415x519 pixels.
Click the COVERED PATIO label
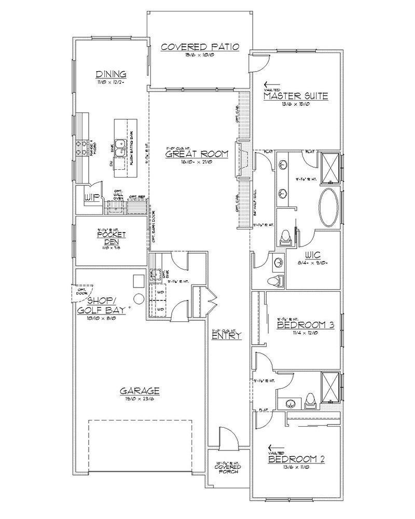200,47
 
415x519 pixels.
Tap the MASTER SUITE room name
295,95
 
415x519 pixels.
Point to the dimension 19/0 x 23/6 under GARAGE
140,399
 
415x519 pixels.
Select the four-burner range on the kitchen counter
81,147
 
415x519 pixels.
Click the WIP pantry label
92,198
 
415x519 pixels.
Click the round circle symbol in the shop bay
139,298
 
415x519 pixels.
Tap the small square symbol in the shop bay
138,280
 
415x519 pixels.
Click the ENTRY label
226,336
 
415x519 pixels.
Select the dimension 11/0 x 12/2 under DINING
110,82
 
